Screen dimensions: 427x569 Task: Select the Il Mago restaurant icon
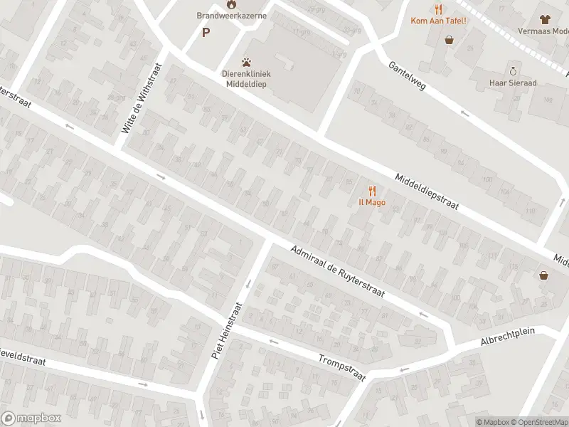pyautogui.click(x=371, y=191)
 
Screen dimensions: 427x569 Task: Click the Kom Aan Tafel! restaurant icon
pyautogui.click(x=438, y=9)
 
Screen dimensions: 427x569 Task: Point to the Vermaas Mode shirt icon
pyautogui.click(x=546, y=20)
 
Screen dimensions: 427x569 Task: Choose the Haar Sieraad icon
pyautogui.click(x=513, y=70)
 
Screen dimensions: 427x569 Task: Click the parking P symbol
pyautogui.click(x=206, y=32)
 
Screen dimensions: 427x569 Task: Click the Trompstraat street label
pyautogui.click(x=341, y=367)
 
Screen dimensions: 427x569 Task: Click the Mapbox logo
pyautogui.click(x=31, y=418)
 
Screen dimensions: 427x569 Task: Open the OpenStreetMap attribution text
pyautogui.click(x=538, y=422)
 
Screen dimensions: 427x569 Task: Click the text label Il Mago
pyautogui.click(x=371, y=203)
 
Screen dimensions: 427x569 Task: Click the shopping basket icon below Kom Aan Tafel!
pyautogui.click(x=450, y=40)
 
